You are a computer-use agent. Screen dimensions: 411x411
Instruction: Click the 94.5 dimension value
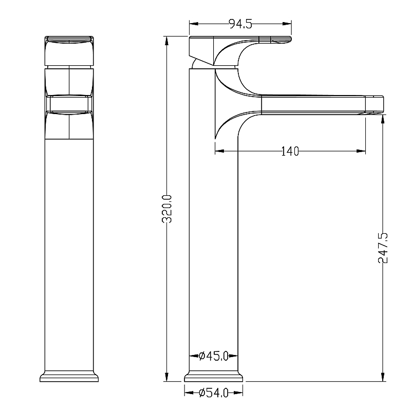(x=240, y=24)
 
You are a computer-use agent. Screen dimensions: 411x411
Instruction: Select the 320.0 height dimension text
(x=167, y=209)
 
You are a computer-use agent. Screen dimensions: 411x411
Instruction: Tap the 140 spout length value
(x=290, y=152)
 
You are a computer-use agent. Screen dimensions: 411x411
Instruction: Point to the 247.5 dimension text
(x=383, y=248)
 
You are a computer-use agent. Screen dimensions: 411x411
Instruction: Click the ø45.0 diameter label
(x=214, y=356)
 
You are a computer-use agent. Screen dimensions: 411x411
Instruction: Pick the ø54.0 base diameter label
(x=214, y=393)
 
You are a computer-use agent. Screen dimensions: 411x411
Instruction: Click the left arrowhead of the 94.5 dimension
(x=194, y=24)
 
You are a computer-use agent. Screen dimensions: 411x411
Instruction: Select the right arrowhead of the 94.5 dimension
(x=287, y=24)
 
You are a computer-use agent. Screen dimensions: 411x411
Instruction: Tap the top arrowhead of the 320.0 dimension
(x=166, y=41)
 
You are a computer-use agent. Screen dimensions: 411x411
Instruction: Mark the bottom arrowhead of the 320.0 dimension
(x=166, y=377)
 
